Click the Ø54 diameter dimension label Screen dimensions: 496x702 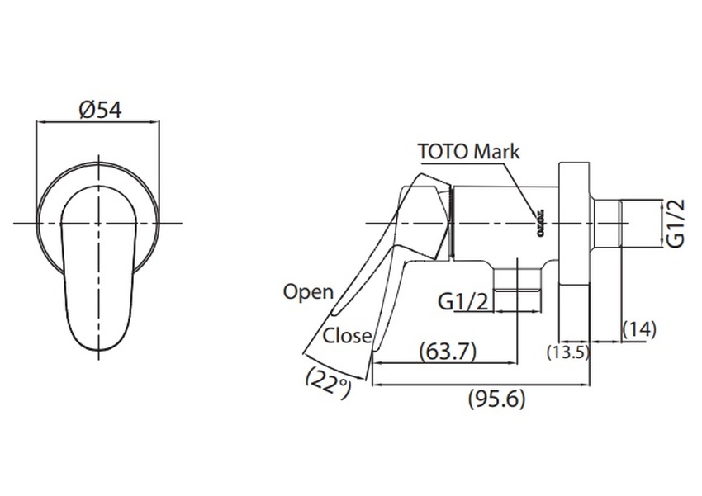point(100,109)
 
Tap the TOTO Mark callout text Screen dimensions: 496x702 point(468,151)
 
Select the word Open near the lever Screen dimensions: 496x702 point(308,291)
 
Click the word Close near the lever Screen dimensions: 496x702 point(346,335)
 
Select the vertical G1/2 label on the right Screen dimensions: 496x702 point(676,223)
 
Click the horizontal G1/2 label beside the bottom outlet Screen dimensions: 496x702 point(462,301)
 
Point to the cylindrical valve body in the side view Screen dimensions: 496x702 point(504,223)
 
